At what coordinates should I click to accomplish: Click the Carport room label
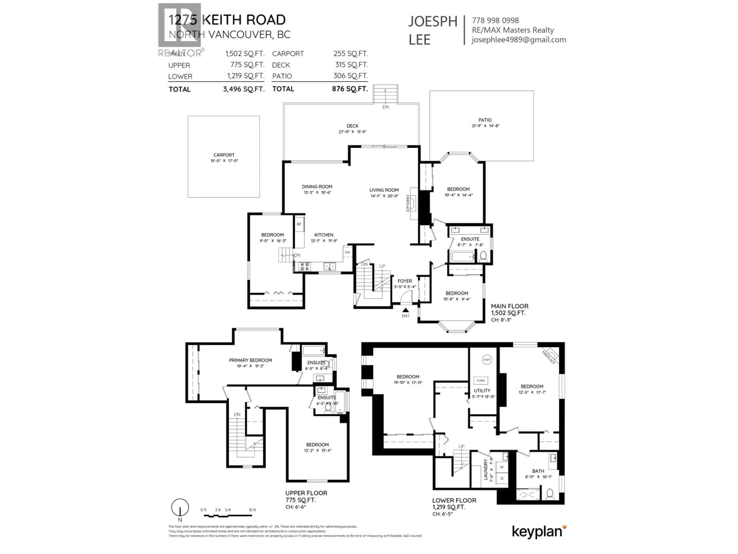pos(224,155)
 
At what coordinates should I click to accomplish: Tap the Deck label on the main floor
pos(352,126)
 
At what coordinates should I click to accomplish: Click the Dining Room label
pos(317,187)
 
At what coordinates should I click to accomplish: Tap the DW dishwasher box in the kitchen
pos(347,252)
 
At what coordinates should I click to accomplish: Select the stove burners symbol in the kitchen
pos(305,266)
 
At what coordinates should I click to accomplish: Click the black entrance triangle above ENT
pos(405,310)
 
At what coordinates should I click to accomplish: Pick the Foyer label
pos(405,281)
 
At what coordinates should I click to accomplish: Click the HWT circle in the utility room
pos(487,360)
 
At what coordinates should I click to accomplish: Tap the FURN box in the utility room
pos(480,380)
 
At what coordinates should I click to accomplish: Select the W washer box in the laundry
pos(502,467)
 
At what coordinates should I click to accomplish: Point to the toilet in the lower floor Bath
pos(550,493)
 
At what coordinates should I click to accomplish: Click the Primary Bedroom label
pos(250,360)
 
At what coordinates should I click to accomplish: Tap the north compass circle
pos(180,508)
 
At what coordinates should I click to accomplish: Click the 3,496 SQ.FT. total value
pos(244,89)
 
